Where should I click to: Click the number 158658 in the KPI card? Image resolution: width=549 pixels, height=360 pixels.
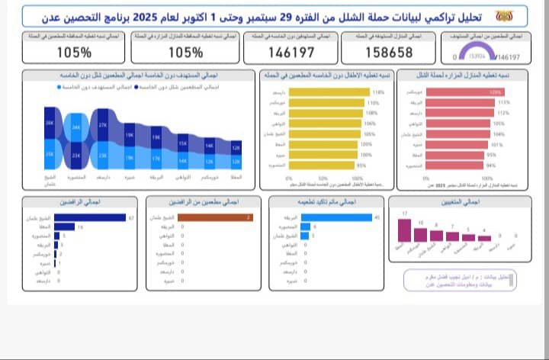389,53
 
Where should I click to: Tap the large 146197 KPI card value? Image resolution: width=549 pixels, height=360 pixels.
291,53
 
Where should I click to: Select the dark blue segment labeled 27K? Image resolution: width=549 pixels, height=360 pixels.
103,125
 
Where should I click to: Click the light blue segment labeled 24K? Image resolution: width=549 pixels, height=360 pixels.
75,127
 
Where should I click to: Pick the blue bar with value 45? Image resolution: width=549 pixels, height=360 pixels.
337,218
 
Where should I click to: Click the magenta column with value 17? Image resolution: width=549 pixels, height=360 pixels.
405,229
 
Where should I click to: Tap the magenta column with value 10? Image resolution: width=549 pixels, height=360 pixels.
420,233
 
